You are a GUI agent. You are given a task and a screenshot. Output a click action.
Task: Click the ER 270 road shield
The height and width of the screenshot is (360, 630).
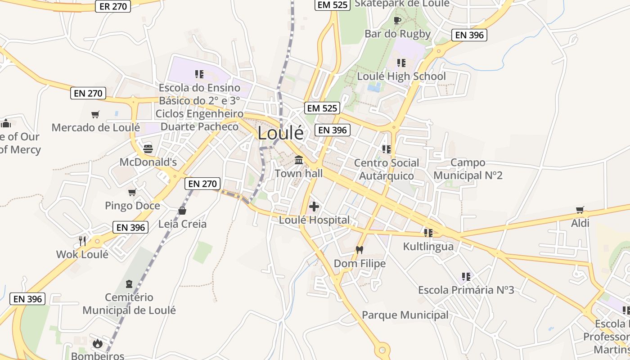[113, 6]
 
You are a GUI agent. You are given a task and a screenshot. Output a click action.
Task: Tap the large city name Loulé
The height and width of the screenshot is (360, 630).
[280, 133]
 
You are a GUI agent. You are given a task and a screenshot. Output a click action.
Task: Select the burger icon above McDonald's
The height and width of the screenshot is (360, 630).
[148, 148]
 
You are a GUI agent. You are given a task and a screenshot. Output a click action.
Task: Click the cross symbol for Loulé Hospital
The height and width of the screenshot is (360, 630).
[314, 207]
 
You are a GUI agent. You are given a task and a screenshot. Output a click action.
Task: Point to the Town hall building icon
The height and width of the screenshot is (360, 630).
[299, 160]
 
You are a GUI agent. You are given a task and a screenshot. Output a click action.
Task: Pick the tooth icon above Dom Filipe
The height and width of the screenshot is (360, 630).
[359, 250]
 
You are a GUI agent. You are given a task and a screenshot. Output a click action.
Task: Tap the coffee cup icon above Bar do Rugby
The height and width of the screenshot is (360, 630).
[397, 20]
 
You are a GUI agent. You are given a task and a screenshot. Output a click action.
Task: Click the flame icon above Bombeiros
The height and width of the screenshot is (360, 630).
[97, 344]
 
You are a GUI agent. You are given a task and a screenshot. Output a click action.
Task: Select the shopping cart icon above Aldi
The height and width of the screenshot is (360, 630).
[580, 210]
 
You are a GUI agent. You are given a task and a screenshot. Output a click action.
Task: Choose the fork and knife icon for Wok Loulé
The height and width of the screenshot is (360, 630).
[82, 241]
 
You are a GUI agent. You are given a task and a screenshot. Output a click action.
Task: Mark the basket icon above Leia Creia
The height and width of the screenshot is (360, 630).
[182, 210]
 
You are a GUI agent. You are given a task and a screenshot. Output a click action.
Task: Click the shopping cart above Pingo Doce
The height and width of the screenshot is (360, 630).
[132, 193]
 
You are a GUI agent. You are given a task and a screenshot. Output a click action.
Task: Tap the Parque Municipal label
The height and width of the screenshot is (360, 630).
[405, 315]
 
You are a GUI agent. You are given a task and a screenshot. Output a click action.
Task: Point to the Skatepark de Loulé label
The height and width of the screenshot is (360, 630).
[402, 4]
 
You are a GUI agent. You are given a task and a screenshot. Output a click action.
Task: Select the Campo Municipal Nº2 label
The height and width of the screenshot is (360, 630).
[468, 169]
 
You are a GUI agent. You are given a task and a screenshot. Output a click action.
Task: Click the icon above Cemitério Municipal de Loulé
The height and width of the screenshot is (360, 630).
[130, 284]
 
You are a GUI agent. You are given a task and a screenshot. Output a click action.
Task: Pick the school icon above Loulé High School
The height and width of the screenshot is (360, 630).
[401, 63]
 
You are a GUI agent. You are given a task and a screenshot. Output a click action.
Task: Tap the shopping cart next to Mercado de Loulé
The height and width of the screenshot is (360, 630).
[95, 115]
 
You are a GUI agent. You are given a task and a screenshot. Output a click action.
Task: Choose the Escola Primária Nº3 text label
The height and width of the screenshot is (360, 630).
[466, 290]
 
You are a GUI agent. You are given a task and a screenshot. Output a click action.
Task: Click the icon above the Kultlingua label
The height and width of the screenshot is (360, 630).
[428, 233]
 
